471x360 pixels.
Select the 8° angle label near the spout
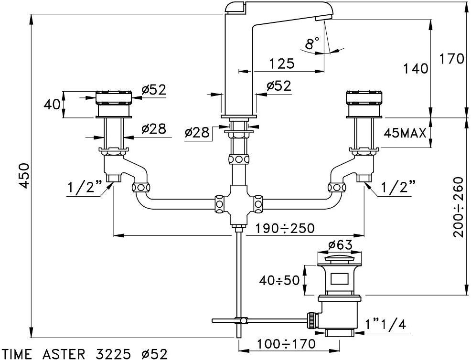[312, 44]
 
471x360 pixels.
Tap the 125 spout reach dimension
[281, 63]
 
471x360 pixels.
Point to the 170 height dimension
[451, 59]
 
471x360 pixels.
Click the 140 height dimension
[415, 69]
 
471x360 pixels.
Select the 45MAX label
[405, 133]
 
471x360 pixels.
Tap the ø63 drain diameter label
[340, 245]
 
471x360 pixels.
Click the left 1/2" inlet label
[86, 188]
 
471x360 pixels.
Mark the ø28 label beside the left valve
[153, 128]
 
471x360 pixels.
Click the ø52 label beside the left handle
[153, 89]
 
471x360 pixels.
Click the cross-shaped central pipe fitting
[238, 204]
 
